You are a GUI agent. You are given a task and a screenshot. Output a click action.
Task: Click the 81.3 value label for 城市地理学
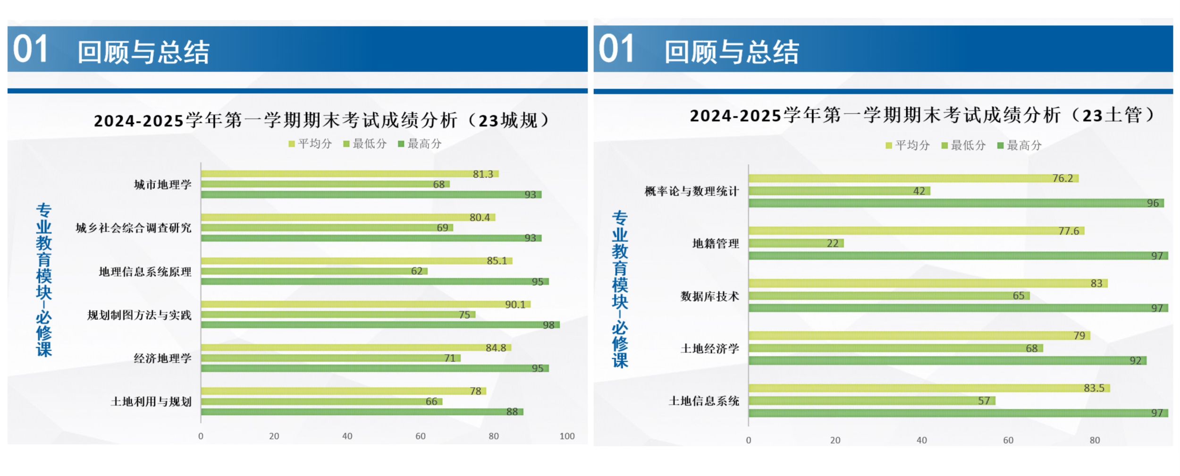pos(483,174)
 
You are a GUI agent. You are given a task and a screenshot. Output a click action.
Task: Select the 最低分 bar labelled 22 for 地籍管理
pos(796,243)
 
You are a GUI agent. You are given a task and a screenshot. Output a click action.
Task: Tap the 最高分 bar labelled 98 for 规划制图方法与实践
pos(380,325)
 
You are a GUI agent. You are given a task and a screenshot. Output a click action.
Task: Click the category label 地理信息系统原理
pos(145,272)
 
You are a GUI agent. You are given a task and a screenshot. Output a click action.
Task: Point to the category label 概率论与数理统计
pos(691,191)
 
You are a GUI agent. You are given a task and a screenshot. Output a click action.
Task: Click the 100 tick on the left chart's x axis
pos(567,436)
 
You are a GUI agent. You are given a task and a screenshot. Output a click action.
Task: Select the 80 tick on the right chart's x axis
pos(1095,440)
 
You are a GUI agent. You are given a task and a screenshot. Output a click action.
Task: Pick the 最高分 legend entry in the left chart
pos(420,144)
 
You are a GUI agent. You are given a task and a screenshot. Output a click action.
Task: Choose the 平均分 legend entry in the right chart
pos(908,145)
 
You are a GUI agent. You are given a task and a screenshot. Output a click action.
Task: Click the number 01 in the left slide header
pos(30,49)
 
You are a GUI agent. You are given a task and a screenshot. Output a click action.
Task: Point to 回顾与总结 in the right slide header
pos(732,52)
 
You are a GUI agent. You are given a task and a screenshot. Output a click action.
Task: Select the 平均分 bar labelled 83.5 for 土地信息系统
pos(929,388)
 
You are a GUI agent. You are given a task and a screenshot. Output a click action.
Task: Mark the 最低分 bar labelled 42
pos(839,191)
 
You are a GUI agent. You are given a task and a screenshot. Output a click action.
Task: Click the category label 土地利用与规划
pos(151,402)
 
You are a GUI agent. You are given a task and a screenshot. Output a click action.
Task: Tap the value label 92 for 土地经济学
pos(1135,361)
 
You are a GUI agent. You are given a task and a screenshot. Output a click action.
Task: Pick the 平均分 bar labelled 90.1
pos(366,305)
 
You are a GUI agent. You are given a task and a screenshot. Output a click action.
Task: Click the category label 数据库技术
pos(709,297)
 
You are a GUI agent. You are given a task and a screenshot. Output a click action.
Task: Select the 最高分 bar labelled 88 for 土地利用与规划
pos(362,412)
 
